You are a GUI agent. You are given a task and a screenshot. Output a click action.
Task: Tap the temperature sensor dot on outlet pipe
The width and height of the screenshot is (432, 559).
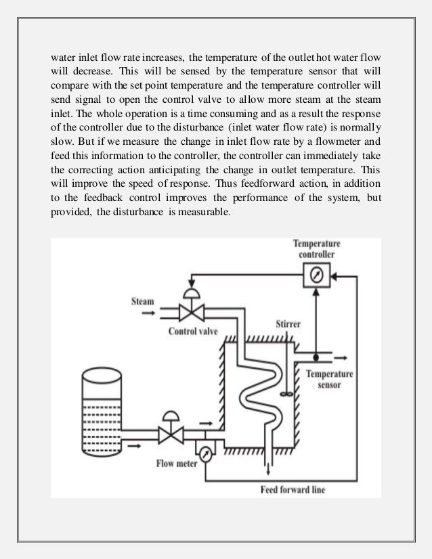(316, 356)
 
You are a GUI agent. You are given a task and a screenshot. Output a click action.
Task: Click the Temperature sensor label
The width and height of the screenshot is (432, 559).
(330, 379)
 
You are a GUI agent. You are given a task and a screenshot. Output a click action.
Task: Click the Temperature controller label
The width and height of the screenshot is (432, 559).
(317, 248)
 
